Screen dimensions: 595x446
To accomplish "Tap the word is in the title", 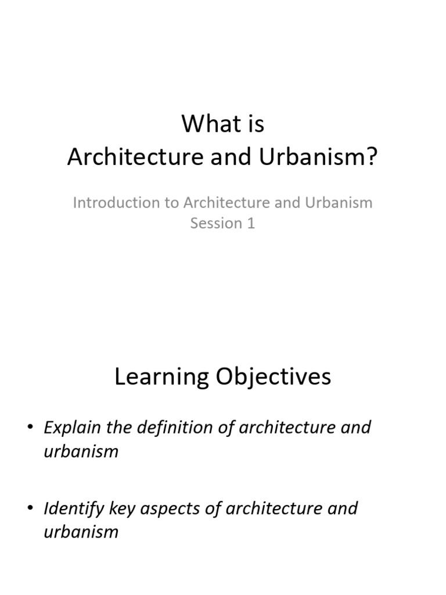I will (254, 124).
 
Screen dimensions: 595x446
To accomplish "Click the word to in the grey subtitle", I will (171, 203).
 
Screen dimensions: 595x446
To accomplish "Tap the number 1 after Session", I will (251, 224).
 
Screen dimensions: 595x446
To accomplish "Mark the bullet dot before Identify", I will (30, 509).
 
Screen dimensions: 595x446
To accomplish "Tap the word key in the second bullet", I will (120, 508).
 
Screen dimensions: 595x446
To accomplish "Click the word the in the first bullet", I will (120, 428).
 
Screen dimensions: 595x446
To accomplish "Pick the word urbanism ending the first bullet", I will (81, 451).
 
